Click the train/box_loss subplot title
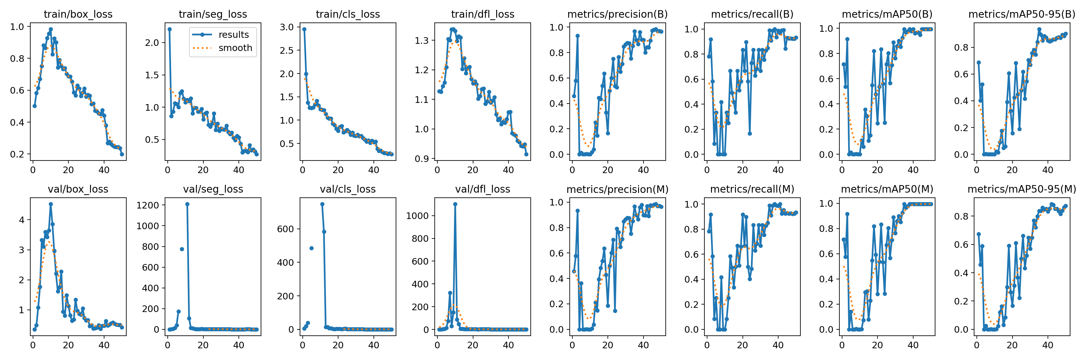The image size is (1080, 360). pos(78,14)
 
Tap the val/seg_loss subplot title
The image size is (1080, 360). pos(213,189)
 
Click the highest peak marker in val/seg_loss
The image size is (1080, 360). pos(187,204)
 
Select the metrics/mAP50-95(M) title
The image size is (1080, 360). pos(1022,189)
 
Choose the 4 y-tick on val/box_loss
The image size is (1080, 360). pos(22,220)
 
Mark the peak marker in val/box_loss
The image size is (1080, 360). pos(51,204)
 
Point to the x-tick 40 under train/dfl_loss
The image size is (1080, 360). pos(508,170)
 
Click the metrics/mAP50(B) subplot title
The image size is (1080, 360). pos(887,14)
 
